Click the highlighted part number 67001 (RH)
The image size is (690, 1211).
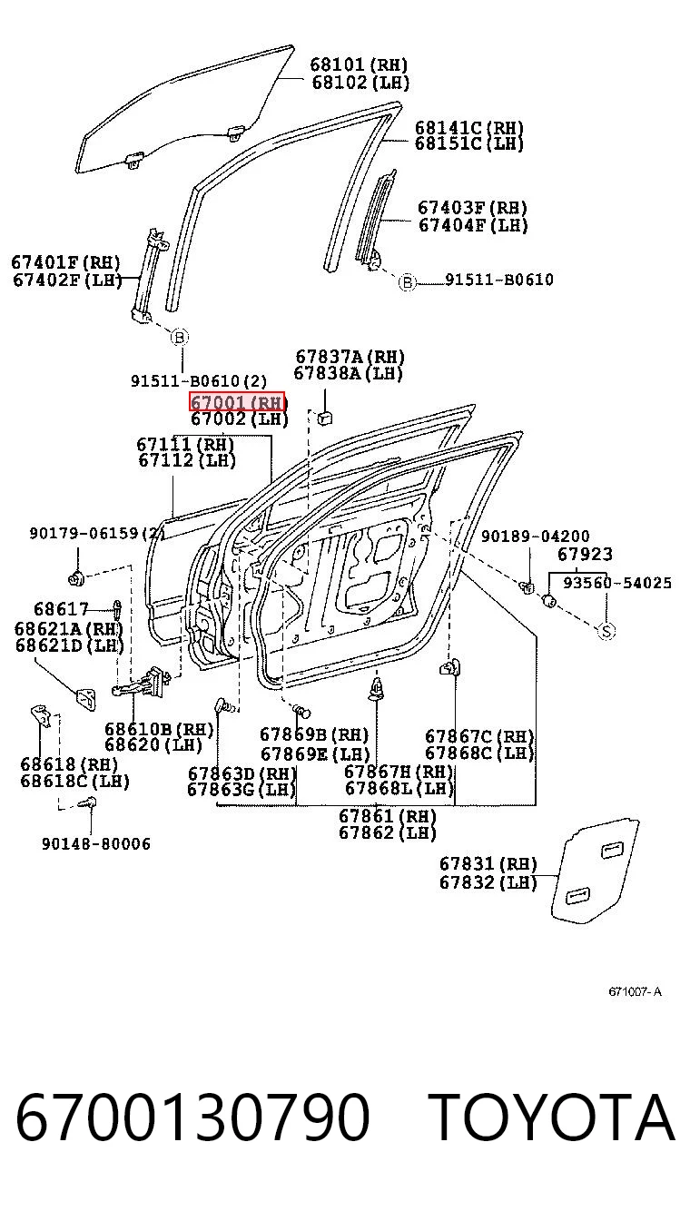[x=237, y=401]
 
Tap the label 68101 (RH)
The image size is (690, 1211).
[x=359, y=64]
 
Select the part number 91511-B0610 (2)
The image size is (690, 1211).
[x=199, y=381]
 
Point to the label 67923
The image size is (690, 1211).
[x=585, y=554]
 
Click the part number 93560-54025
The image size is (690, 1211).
[x=617, y=583]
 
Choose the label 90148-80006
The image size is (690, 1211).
[x=96, y=844]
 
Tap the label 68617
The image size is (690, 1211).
[x=61, y=609]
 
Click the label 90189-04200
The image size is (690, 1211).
[x=536, y=537]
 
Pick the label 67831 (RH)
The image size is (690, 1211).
[x=488, y=864]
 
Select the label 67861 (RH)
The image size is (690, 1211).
[x=387, y=816]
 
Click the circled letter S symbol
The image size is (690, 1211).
[x=606, y=632]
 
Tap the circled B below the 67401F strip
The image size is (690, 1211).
[x=180, y=338]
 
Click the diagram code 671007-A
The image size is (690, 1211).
[x=635, y=991]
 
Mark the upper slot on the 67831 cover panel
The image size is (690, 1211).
[x=613, y=850]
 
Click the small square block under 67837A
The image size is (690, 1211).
[x=324, y=418]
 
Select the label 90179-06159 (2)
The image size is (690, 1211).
[x=97, y=534]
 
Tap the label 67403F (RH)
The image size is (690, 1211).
[x=472, y=208]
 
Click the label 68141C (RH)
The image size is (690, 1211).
[x=468, y=128]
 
